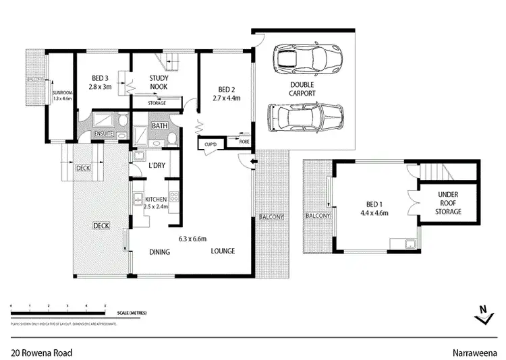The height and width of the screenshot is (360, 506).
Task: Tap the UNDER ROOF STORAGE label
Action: pos(447,204)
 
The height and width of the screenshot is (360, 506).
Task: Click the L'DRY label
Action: pos(157,165)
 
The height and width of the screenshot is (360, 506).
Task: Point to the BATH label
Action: pos(159,126)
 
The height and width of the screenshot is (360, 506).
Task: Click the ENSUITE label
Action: pos(103,134)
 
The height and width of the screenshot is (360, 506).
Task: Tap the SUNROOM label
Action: pos(62,95)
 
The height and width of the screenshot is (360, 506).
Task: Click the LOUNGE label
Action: pos(222,251)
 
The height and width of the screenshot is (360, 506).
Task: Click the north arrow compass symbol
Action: pos(481,314)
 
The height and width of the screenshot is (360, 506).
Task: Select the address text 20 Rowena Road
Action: pos(41,352)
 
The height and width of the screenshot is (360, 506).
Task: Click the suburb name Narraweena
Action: pos(475,352)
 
